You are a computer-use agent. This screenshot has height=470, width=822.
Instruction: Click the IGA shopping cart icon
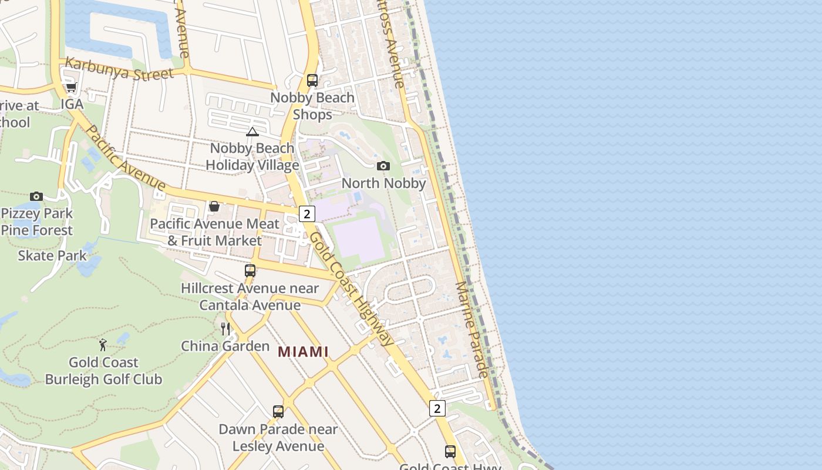(71, 88)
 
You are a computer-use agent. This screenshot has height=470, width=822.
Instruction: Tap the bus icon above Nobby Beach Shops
(312, 80)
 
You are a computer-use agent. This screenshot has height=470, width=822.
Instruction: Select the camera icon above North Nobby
(383, 166)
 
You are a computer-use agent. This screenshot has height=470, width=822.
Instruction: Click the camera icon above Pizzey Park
(36, 196)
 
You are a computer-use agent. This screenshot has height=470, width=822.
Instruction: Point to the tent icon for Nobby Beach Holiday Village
(252, 132)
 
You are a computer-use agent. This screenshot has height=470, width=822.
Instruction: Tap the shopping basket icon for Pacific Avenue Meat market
(214, 207)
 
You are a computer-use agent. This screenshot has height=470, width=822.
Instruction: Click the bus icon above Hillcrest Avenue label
(250, 271)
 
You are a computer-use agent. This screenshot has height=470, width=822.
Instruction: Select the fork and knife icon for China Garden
(225, 329)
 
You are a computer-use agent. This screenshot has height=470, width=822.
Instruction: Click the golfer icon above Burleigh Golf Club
(103, 345)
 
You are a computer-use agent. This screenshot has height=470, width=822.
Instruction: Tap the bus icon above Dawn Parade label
(278, 412)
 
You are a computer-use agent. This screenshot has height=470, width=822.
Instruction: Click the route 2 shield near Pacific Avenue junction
(306, 214)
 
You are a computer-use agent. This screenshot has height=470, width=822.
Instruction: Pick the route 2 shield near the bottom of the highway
(437, 408)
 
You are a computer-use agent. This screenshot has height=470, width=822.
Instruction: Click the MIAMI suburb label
(303, 352)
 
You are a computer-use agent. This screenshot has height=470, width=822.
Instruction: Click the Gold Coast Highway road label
(352, 288)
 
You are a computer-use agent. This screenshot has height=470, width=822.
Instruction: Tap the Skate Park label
(52, 256)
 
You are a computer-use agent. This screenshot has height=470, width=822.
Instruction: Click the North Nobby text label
(383, 183)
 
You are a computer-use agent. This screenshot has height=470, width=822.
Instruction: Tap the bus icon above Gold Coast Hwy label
(450, 452)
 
